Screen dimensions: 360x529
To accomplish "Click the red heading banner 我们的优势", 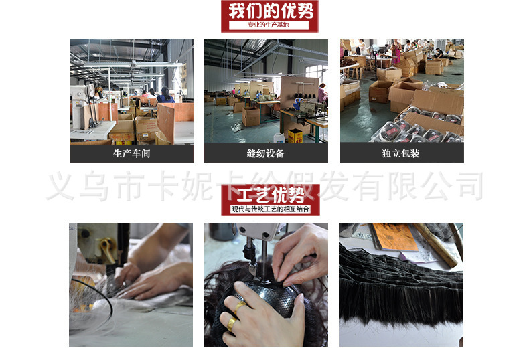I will (269, 11).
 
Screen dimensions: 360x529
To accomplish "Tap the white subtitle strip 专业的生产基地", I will (269, 25).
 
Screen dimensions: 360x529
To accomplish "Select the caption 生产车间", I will (131, 153).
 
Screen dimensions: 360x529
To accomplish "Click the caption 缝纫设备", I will (266, 153).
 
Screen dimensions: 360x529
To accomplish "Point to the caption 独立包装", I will (401, 153).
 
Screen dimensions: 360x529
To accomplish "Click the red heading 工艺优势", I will (271, 196).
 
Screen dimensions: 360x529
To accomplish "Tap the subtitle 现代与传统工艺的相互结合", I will (271, 209).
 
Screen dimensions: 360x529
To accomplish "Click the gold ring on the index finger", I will (239, 306).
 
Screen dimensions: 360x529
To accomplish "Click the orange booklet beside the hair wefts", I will (393, 236).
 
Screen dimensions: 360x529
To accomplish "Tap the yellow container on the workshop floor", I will (295, 134).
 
